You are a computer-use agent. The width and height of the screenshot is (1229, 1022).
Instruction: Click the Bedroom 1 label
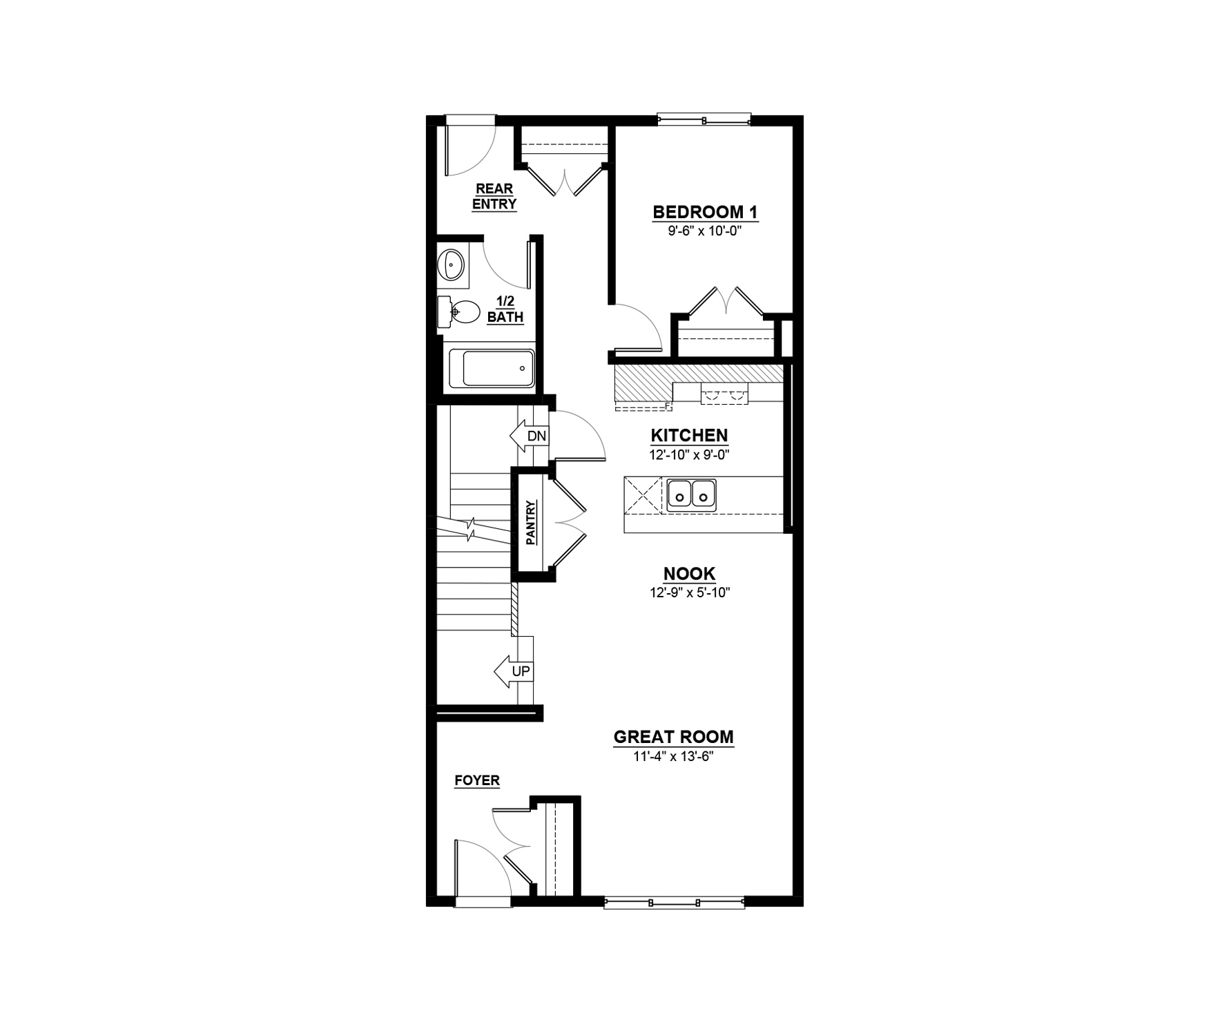(705, 212)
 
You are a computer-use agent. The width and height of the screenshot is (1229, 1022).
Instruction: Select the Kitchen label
(689, 436)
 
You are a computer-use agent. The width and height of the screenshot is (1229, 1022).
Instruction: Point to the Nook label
(689, 573)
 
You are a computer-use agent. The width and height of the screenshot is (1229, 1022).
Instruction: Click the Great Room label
(673, 737)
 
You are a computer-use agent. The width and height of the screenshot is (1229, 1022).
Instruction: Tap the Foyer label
(476, 781)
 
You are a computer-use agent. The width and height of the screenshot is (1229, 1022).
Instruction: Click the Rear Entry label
(494, 196)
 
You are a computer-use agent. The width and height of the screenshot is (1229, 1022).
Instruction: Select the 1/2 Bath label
(505, 309)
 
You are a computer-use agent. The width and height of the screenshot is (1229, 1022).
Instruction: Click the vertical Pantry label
(531, 523)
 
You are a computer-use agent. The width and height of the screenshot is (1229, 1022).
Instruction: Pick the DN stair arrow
(529, 436)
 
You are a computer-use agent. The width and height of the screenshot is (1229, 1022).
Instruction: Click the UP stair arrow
(514, 671)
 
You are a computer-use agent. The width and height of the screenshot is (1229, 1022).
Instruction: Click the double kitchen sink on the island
(691, 494)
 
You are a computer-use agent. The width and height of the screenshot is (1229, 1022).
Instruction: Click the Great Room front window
(675, 902)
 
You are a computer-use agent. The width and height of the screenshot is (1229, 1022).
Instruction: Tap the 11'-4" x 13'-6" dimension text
(673, 756)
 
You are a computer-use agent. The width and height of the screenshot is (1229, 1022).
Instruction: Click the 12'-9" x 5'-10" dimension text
(690, 592)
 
